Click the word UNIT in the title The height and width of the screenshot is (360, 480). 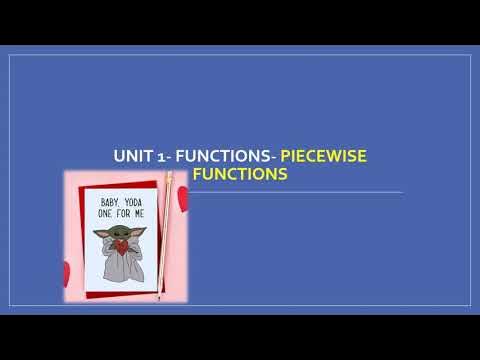tap(136, 156)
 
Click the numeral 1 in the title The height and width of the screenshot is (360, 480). tap(164, 156)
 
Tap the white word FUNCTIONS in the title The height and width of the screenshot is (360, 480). tap(225, 156)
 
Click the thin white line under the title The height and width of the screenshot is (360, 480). tap(300, 192)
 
